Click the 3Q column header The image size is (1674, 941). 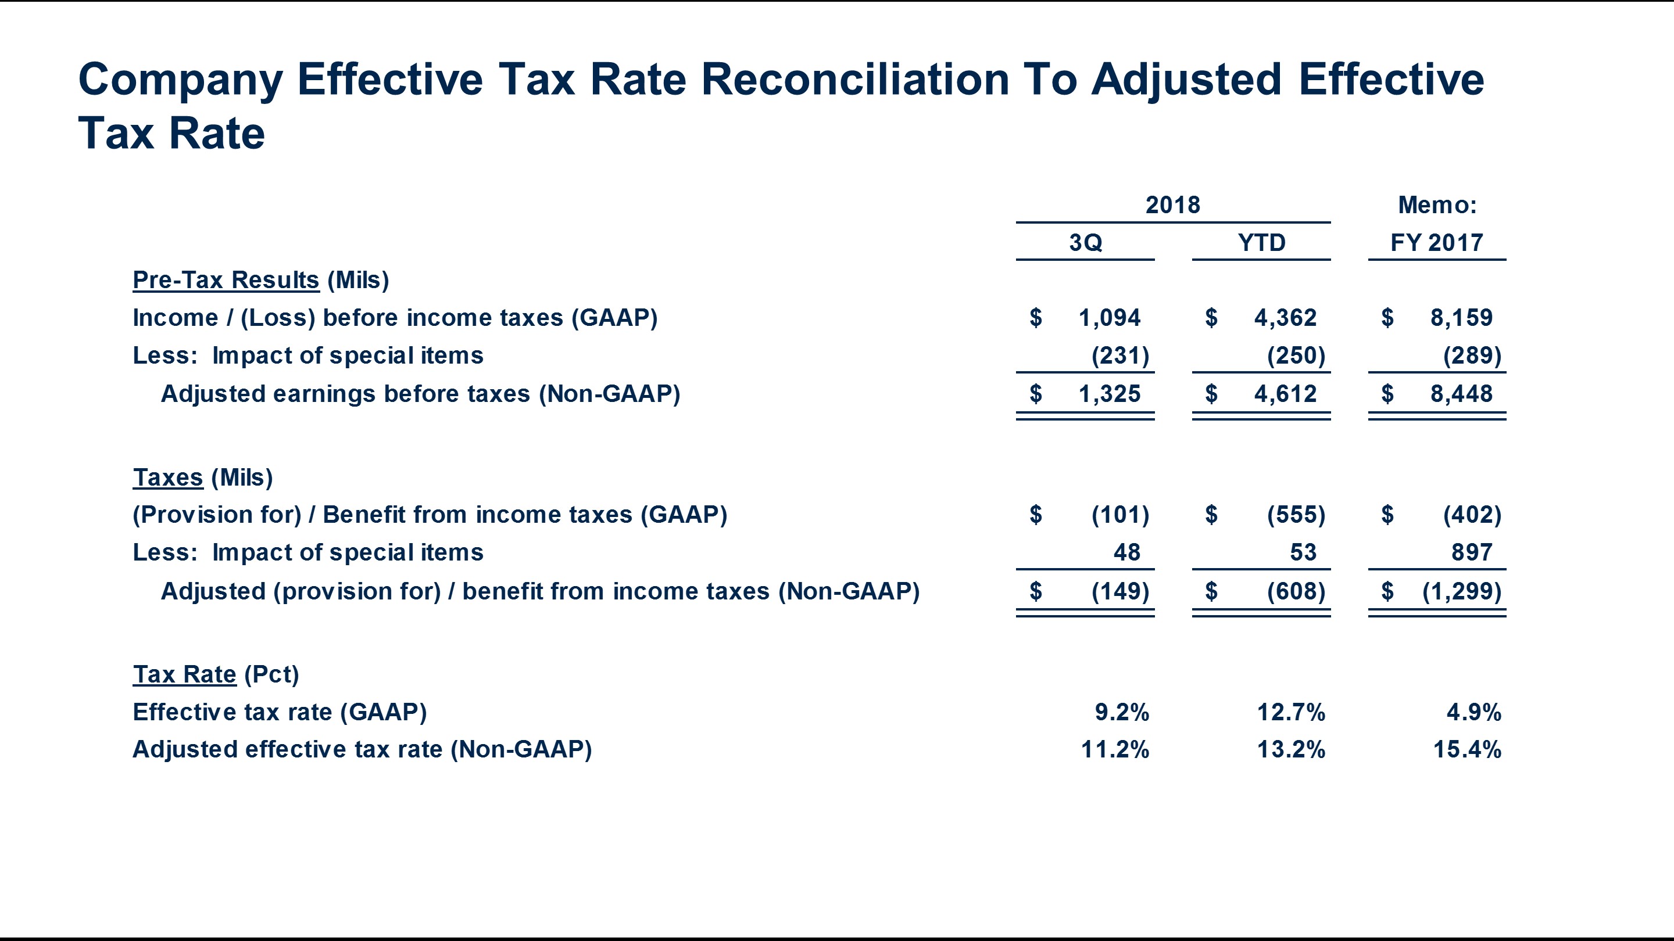click(x=1085, y=243)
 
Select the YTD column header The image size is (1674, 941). click(x=1261, y=243)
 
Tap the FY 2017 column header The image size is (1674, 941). click(x=1437, y=243)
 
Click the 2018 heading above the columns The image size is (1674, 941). click(x=1172, y=205)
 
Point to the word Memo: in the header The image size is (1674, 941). click(x=1437, y=205)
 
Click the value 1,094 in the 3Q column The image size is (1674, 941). click(x=1109, y=318)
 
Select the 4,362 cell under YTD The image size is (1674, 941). click(x=1285, y=318)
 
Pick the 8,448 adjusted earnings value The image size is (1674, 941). click(x=1461, y=394)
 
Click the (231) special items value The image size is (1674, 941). click(x=1119, y=356)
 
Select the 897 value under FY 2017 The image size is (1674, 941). click(x=1471, y=552)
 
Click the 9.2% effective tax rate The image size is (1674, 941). click(x=1122, y=712)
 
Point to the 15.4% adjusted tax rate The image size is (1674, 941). click(x=1466, y=749)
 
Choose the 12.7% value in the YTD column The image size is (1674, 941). click(x=1290, y=712)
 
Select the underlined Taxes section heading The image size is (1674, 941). click(x=167, y=477)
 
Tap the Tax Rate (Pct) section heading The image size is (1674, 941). click(x=216, y=674)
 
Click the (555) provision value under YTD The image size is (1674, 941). click(x=1296, y=514)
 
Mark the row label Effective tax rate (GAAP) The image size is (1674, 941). click(x=280, y=712)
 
